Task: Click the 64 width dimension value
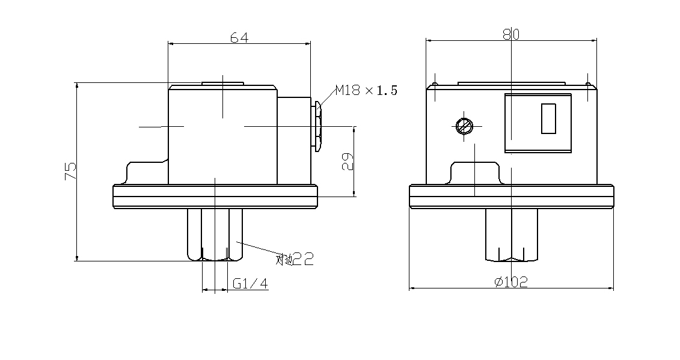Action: click(x=239, y=37)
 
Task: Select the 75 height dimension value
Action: click(x=70, y=172)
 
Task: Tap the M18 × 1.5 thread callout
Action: click(x=366, y=91)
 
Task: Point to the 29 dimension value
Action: click(x=348, y=161)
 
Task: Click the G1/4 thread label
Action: click(x=250, y=284)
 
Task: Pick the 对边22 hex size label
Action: click(x=295, y=259)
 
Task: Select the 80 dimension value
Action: click(x=510, y=35)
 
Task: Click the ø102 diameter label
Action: click(x=511, y=282)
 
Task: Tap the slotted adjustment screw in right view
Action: click(x=465, y=126)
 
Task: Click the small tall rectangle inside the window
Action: click(x=547, y=118)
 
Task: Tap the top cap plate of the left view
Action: click(x=222, y=84)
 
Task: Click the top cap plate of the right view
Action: click(x=511, y=84)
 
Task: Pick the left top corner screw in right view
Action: click(x=434, y=84)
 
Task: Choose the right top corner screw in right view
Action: click(x=587, y=84)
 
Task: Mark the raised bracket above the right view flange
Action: click(x=475, y=172)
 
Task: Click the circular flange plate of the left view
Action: click(x=215, y=197)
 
